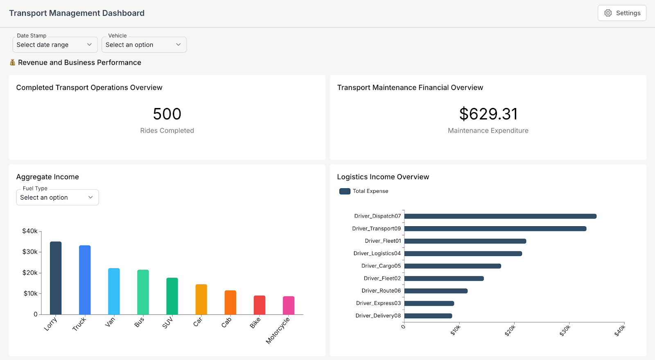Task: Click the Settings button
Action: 622,13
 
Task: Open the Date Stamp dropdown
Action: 55,45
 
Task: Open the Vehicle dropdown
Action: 144,45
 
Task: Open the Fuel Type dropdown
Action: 57,198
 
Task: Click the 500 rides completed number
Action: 167,114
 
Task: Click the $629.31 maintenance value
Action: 488,114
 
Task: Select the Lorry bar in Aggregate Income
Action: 56,278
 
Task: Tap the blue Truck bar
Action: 85,280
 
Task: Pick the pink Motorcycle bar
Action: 289,306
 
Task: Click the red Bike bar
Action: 260,305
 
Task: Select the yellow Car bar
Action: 201,299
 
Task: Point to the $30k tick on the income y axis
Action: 30,252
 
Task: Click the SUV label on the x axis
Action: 168,323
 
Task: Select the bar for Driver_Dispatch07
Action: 500,216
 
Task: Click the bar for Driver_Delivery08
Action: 428,316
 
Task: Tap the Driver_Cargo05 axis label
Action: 381,266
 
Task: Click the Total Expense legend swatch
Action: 345,191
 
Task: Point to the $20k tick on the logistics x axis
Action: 510,330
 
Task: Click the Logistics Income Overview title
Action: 383,177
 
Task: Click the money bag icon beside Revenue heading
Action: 13,63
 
